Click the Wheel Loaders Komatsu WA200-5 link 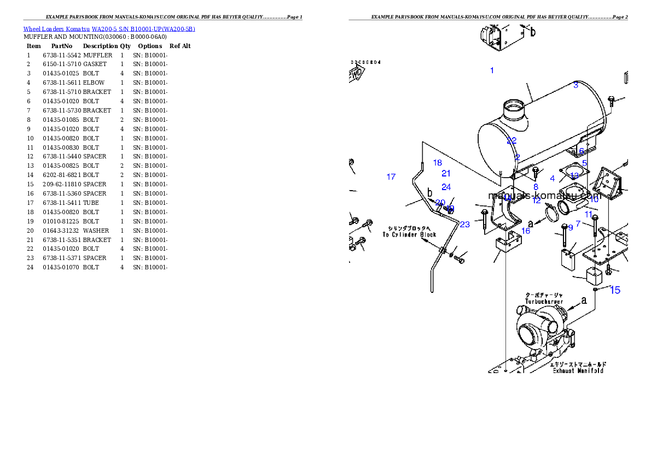(109, 29)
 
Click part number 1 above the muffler (492, 70)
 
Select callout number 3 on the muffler (576, 85)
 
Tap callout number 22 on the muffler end (512, 140)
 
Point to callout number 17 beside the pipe (391, 176)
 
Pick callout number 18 (437, 162)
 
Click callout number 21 (446, 173)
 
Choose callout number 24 (446, 187)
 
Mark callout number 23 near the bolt (464, 224)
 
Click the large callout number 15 (615, 290)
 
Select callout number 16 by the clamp (525, 231)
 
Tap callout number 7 (578, 223)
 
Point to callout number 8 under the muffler (536, 187)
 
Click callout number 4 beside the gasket (553, 179)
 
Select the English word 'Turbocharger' (544, 302)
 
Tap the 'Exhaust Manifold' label (578, 370)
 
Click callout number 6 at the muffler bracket (582, 151)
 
